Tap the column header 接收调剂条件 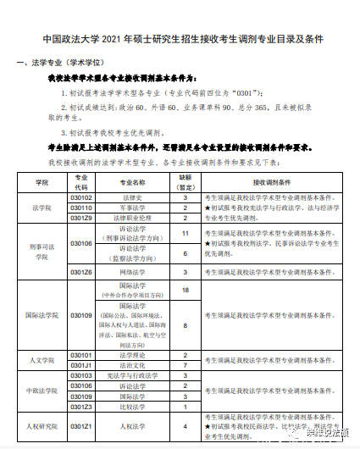coord(271,182)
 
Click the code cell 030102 coord(81,197)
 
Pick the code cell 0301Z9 coord(81,218)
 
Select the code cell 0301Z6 coord(81,272)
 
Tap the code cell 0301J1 coord(81,365)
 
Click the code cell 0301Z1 coord(81,426)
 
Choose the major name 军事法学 coord(130,208)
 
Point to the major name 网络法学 coord(130,272)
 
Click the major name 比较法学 coord(130,406)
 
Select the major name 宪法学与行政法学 coord(130,375)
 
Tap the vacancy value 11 coord(185,232)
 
